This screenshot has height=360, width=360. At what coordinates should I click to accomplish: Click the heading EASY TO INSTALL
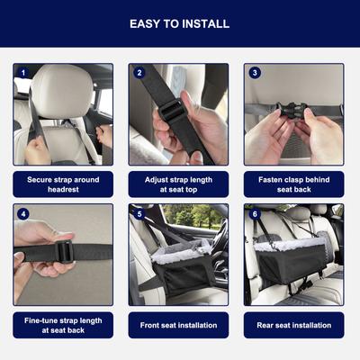(179, 23)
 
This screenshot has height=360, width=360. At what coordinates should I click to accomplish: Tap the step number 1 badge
(23, 73)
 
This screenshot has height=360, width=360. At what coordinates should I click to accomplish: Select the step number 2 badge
(139, 73)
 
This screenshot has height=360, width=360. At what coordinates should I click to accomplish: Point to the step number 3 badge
(255, 73)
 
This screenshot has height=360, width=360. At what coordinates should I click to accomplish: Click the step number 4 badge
(23, 214)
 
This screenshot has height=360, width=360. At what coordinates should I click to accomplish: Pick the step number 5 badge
(139, 214)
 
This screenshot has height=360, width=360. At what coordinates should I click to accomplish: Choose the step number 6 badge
(255, 214)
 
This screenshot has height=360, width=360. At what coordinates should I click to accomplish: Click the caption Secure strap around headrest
(63, 184)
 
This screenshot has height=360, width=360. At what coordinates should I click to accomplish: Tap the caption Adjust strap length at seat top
(178, 184)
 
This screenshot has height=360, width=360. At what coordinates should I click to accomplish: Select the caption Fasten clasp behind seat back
(294, 184)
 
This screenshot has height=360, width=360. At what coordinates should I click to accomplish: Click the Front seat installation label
(178, 325)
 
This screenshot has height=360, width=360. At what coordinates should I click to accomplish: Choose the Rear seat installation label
(294, 325)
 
